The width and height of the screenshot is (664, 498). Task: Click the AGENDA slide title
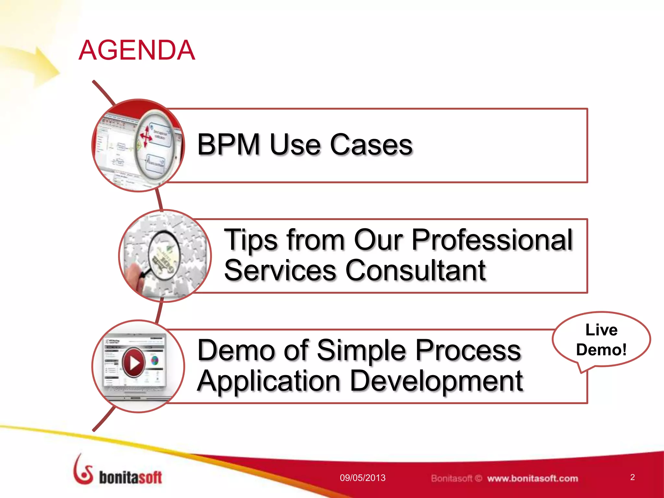pos(137,50)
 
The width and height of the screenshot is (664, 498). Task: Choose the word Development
pos(436,381)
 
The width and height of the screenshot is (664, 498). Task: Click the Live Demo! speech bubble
pos(601,340)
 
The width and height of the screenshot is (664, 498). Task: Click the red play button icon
pos(133,362)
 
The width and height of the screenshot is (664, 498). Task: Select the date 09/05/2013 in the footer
pos(362,478)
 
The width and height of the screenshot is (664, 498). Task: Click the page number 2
pos(632,477)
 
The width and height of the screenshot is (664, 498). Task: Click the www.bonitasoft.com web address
pos(532,478)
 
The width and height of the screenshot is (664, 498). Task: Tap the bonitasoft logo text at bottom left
pos(130,478)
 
